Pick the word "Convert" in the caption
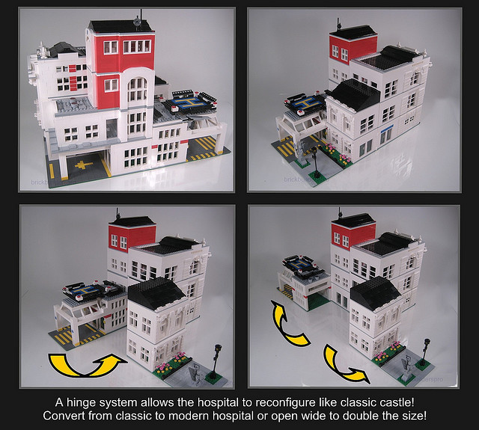click(x=66, y=414)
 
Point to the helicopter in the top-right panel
click(x=303, y=102)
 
